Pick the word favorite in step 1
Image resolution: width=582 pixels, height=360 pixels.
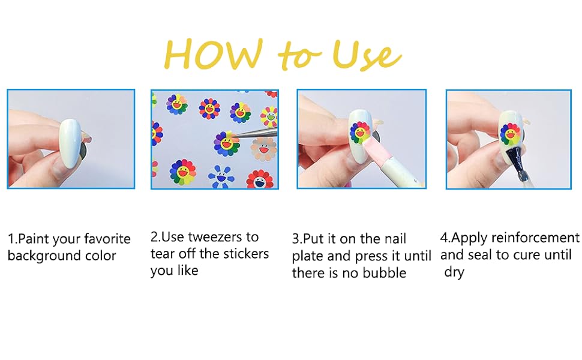107,239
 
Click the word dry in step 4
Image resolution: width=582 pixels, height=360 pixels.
454,272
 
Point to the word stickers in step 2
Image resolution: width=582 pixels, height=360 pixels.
245,253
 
